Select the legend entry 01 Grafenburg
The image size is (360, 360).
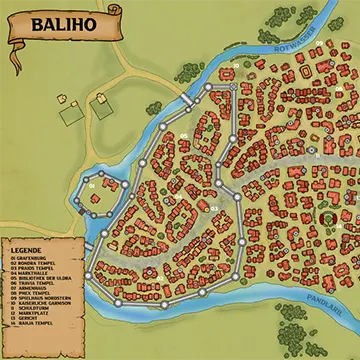click(x=30, y=257)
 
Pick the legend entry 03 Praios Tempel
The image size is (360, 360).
click(x=31, y=269)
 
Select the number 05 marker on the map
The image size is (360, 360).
click(x=184, y=137)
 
